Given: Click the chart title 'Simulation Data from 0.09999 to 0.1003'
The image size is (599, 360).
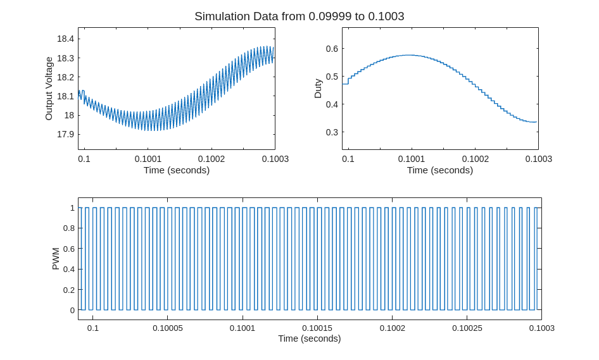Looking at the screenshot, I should point(299,16).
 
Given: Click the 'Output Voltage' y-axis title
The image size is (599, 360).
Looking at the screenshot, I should point(49,89).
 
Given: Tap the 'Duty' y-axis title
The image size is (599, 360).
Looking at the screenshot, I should point(318,89).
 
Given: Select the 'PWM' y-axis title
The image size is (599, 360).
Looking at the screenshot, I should point(55,259).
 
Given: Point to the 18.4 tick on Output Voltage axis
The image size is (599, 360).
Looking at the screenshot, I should point(65,39).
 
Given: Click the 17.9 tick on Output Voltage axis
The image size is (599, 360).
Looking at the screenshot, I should point(65,134).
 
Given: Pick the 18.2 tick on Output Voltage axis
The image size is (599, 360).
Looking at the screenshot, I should point(65,77).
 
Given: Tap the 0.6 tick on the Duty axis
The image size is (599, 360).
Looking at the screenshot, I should point(331,49).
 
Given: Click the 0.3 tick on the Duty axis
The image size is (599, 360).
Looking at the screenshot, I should point(331,132).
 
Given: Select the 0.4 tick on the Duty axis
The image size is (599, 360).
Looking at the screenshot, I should point(331,104).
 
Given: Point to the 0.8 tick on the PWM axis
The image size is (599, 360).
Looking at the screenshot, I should point(68,228).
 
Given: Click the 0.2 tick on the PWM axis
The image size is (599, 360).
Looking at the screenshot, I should point(68,290).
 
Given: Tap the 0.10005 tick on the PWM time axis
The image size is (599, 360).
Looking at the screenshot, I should point(168,328).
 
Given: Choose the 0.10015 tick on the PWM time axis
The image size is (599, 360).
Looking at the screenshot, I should point(317,328).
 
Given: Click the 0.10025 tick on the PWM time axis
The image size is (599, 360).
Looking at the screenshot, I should point(467,328).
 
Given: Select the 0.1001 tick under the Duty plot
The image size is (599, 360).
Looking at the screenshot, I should point(412,159).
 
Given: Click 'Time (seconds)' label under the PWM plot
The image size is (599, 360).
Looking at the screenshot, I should point(310,338).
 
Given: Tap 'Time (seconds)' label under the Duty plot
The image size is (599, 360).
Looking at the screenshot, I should point(440,170).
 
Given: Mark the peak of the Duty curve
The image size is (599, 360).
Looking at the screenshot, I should point(410,55).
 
